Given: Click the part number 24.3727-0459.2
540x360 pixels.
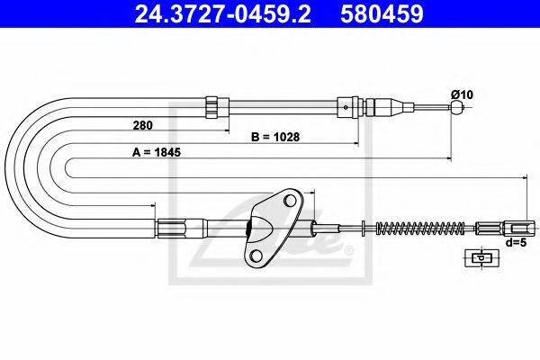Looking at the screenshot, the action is (x=223, y=13).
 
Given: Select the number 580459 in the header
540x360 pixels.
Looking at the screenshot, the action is (x=382, y=13).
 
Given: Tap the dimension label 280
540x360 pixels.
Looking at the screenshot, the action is (x=142, y=125).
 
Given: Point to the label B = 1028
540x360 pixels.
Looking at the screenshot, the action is (x=275, y=137).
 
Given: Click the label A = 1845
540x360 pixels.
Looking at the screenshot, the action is (x=157, y=152).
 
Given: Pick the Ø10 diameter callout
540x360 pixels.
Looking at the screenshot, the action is (x=463, y=94).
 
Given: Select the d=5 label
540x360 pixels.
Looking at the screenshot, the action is (x=517, y=242).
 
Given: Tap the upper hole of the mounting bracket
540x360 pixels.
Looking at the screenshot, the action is (x=291, y=201).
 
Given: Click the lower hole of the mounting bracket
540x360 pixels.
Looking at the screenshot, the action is (x=256, y=256).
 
